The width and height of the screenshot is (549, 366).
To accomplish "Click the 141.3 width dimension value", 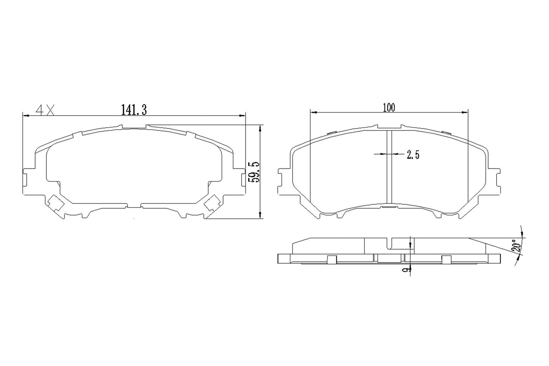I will pos(134,110).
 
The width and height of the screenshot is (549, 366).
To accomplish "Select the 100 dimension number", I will pos(389,108).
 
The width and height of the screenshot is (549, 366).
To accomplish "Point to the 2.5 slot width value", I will pos(413,155).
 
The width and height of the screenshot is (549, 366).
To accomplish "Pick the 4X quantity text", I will pos(45,111).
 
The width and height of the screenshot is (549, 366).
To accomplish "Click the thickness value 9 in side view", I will pos(407,271).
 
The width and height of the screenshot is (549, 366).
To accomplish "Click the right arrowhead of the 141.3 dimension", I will pos(243,115).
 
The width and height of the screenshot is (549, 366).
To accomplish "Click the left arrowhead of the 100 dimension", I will pos(313,112).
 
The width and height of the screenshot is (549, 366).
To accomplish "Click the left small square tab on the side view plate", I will pos(331,260).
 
